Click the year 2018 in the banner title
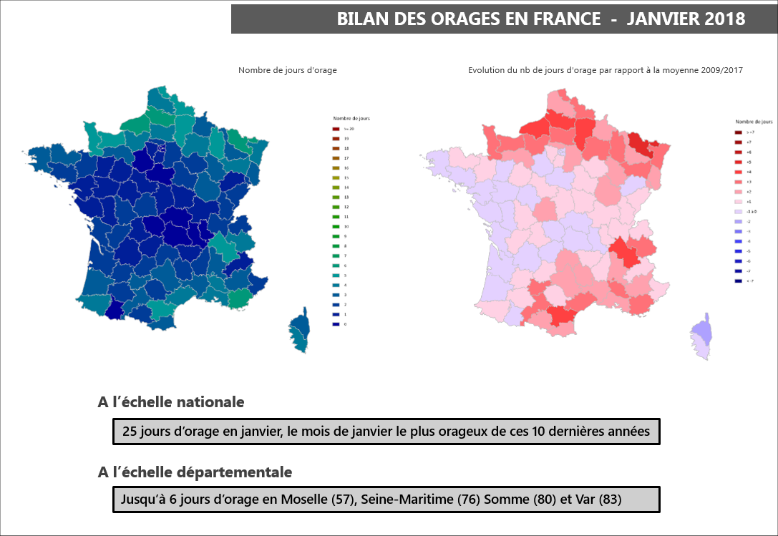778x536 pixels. pos(724,19)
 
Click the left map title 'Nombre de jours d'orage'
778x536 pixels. pos(287,70)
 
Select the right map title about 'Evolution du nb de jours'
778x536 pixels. pos(605,70)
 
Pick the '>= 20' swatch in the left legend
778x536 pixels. pos(336,128)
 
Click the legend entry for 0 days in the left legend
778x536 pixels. pos(336,324)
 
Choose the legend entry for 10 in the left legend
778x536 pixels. pos(336,226)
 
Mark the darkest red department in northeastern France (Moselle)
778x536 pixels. pos(644,147)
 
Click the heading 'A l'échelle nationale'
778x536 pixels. pos(171,402)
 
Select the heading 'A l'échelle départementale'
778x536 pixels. pos(195,472)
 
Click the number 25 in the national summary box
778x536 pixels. pos(130,432)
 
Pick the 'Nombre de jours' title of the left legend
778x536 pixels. pos(351,118)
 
